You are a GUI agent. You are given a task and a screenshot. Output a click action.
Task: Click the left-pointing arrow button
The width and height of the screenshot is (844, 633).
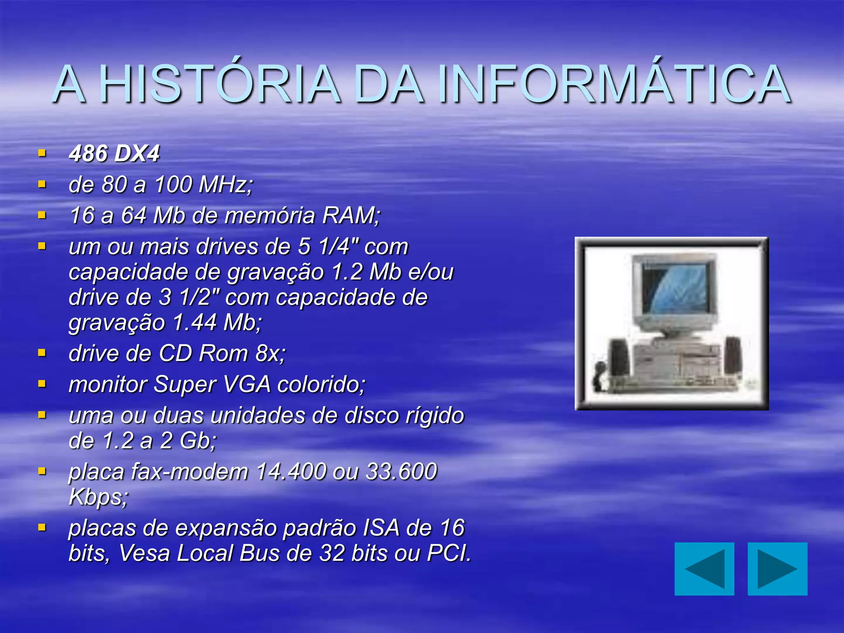(704, 569)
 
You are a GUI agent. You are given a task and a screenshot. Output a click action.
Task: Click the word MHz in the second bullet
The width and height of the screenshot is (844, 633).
(225, 184)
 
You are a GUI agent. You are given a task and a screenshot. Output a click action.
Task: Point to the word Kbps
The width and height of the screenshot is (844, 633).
(98, 497)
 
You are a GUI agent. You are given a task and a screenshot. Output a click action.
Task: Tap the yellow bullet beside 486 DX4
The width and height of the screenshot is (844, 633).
(42, 153)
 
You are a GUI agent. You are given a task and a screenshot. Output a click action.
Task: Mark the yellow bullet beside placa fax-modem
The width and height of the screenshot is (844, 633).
(42, 471)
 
